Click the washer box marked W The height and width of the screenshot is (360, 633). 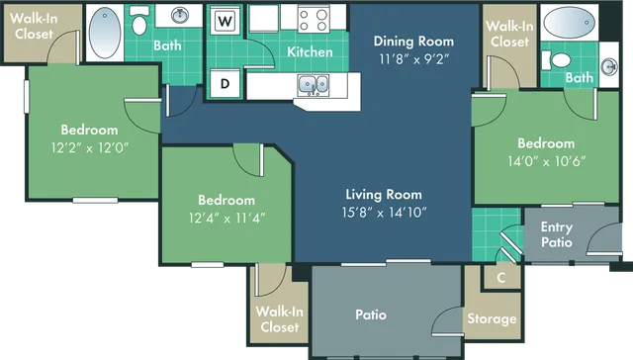click(226, 21)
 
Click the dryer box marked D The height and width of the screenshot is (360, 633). click(226, 84)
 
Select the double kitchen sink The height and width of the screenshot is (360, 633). click(315, 85)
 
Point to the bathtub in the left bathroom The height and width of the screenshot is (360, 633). click(103, 33)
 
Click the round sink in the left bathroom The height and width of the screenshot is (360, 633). click(180, 16)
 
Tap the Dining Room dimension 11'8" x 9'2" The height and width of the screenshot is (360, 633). click(413, 58)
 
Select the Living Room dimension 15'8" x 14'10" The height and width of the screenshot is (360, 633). click(384, 212)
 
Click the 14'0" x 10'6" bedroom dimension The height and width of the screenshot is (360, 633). click(546, 160)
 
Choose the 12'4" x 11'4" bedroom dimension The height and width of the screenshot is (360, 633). click(226, 216)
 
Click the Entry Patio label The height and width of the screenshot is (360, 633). click(556, 234)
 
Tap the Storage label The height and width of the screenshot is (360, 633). click(492, 318)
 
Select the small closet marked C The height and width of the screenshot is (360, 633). click(500, 278)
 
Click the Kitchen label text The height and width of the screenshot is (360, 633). click(310, 51)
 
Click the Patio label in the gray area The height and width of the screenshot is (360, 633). click(372, 315)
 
